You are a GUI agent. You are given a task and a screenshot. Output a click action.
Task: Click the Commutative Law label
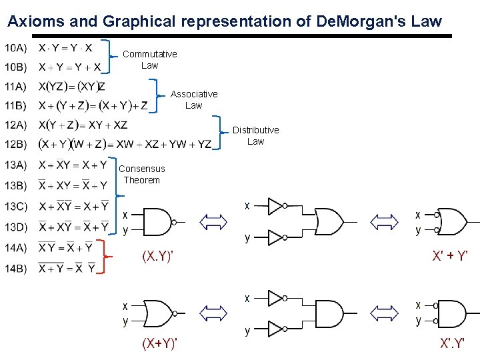pyautogui.click(x=150, y=59)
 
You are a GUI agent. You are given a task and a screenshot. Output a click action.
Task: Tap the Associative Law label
pyautogui.click(x=194, y=99)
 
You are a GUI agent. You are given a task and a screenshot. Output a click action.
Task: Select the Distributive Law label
pyautogui.click(x=256, y=135)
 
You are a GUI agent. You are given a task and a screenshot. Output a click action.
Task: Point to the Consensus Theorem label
pyautogui.click(x=142, y=174)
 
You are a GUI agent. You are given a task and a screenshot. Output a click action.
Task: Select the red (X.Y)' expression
pyautogui.click(x=157, y=256)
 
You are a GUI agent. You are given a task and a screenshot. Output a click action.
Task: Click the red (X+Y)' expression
pyautogui.click(x=159, y=344)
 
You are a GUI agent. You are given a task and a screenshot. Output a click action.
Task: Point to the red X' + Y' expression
pyautogui.click(x=451, y=256)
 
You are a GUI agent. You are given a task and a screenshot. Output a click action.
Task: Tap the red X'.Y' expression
pyautogui.click(x=454, y=344)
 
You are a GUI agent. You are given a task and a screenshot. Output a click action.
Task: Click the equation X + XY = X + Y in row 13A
pyautogui.click(x=73, y=165)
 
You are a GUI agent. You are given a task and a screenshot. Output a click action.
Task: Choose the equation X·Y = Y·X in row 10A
pyautogui.click(x=65, y=48)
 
